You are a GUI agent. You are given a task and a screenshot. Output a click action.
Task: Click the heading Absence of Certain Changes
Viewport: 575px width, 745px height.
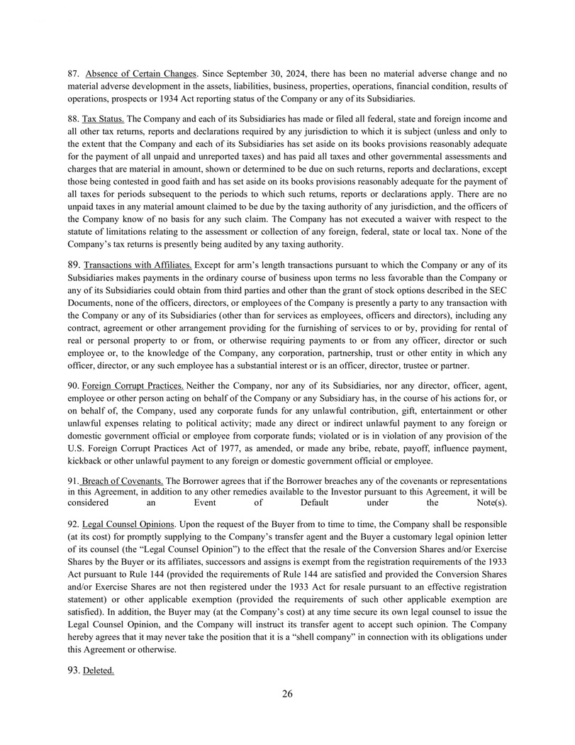(x=139, y=74)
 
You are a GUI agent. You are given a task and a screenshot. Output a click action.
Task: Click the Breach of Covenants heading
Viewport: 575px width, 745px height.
(x=121, y=480)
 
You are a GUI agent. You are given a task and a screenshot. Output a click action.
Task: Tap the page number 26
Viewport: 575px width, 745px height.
(x=287, y=694)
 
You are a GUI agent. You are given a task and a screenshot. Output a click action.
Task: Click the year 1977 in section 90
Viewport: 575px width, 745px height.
(x=228, y=448)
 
